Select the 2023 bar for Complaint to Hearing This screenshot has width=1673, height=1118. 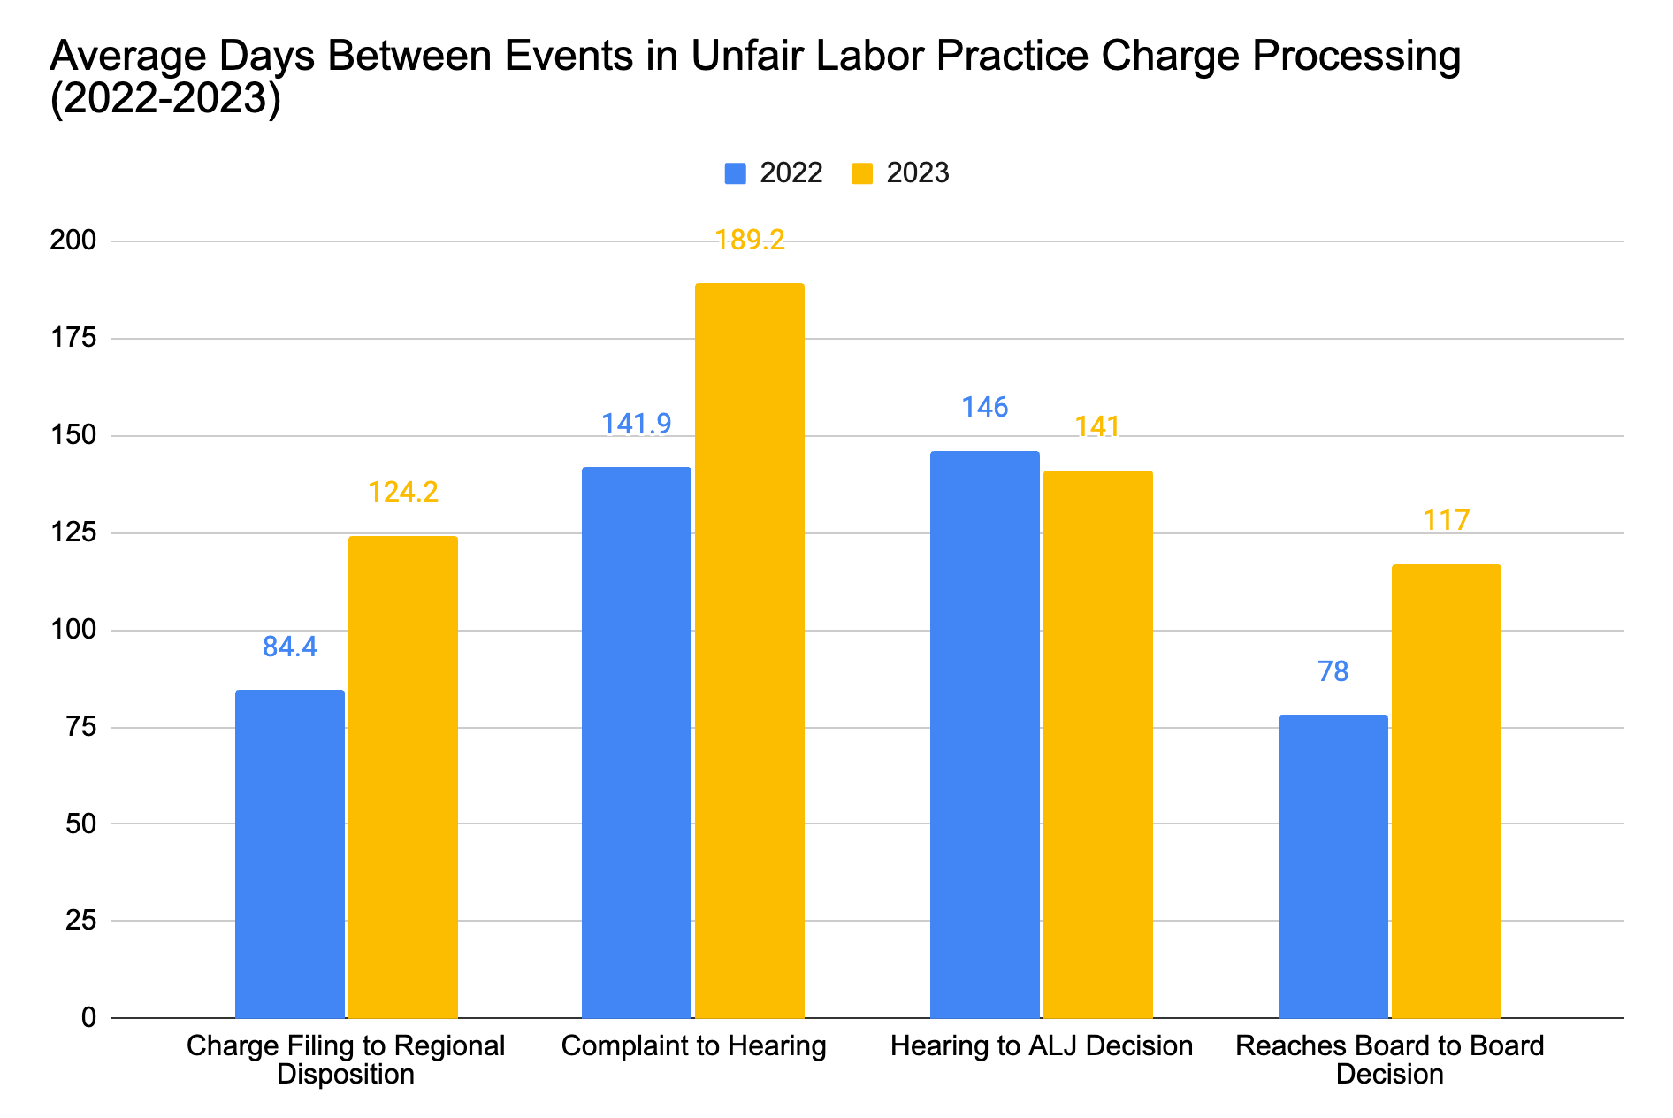(x=749, y=650)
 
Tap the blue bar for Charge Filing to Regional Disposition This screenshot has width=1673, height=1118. (x=289, y=854)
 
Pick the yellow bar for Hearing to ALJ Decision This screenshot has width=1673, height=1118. (x=1097, y=743)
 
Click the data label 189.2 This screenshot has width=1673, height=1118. (x=749, y=240)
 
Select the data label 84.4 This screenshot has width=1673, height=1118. (x=289, y=647)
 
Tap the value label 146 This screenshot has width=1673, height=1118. (x=984, y=407)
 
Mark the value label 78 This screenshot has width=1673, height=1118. (x=1333, y=671)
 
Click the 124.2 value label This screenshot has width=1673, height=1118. (x=402, y=492)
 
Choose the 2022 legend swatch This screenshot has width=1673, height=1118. (x=735, y=172)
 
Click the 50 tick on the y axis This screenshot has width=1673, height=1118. (x=80, y=823)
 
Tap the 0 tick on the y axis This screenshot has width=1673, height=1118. (x=88, y=1017)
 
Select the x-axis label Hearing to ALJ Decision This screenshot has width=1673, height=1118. (x=1041, y=1045)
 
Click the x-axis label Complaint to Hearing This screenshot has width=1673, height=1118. (x=693, y=1045)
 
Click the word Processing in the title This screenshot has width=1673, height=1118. (x=1344, y=57)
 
